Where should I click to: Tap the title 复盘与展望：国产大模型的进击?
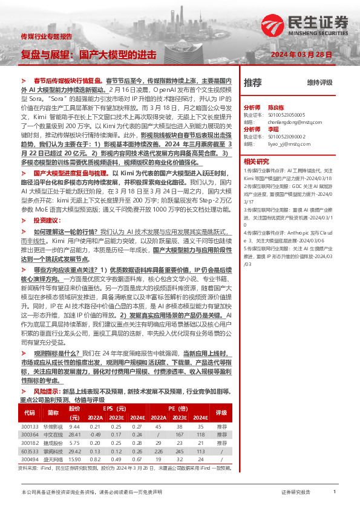88,54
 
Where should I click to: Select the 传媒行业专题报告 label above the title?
46,37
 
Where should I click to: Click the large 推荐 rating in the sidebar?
253,82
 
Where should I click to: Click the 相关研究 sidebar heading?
256,161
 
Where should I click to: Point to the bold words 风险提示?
47,392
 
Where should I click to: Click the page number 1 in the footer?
334,492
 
